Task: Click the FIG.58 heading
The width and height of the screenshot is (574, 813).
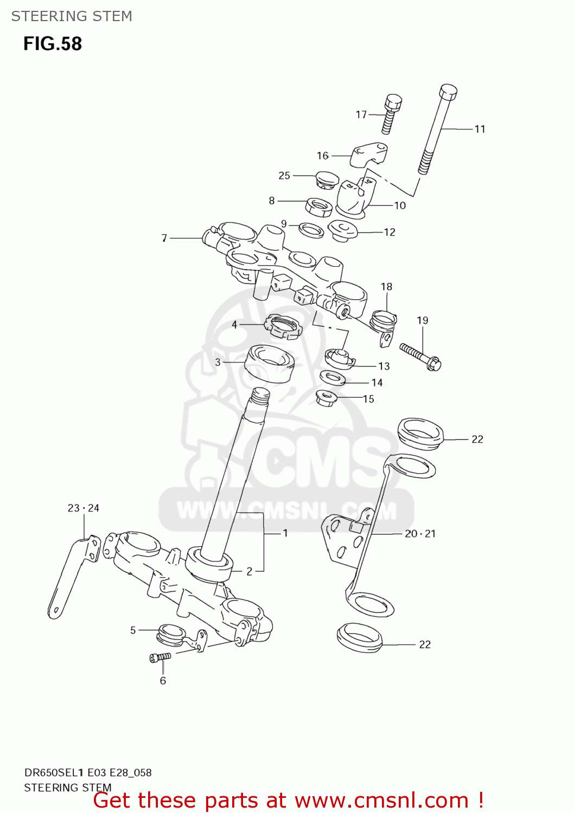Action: click(x=53, y=44)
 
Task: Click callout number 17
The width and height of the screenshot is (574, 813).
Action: click(x=361, y=114)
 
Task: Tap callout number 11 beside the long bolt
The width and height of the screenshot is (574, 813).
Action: click(x=480, y=129)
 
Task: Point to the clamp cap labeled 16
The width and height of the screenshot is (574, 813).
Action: click(x=368, y=154)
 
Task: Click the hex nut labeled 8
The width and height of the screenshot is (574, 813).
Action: click(x=319, y=206)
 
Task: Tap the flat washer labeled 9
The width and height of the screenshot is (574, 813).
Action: click(x=311, y=230)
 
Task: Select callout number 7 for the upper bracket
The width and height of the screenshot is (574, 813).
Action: click(x=164, y=238)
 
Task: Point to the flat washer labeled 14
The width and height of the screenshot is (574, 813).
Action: click(x=333, y=377)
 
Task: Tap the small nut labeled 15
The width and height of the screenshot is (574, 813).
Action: click(x=326, y=398)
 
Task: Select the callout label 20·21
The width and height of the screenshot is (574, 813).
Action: click(x=420, y=533)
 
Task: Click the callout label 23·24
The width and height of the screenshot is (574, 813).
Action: click(x=84, y=508)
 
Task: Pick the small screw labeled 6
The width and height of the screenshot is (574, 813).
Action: click(x=160, y=657)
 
